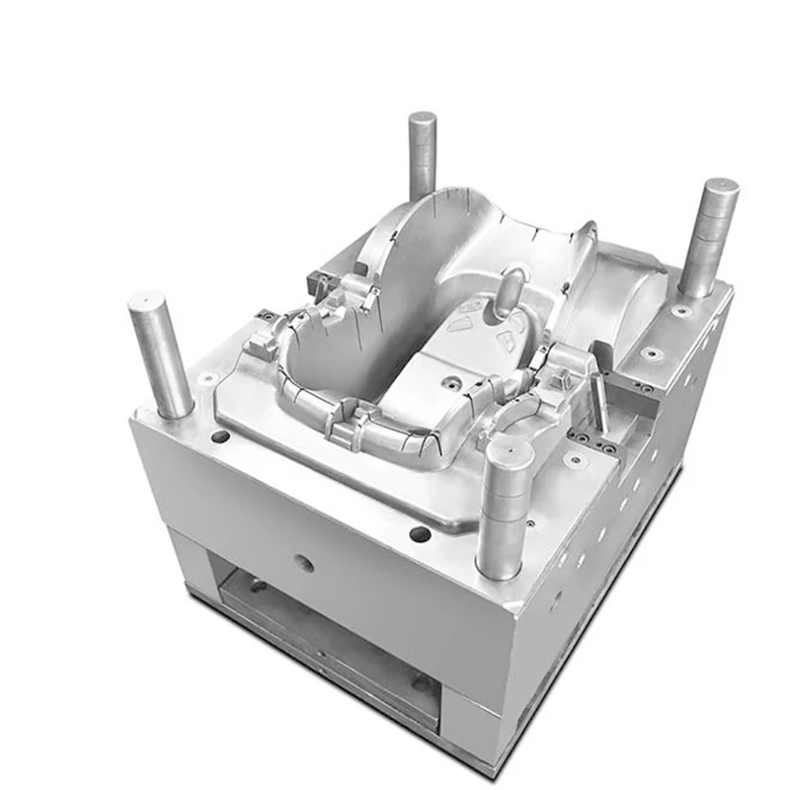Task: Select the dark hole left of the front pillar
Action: click(x=421, y=533)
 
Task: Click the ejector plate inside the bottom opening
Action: click(x=326, y=632)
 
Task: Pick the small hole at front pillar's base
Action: click(x=531, y=523)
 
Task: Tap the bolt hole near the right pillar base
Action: click(x=680, y=311)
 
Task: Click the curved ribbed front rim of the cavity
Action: click(x=375, y=430)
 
